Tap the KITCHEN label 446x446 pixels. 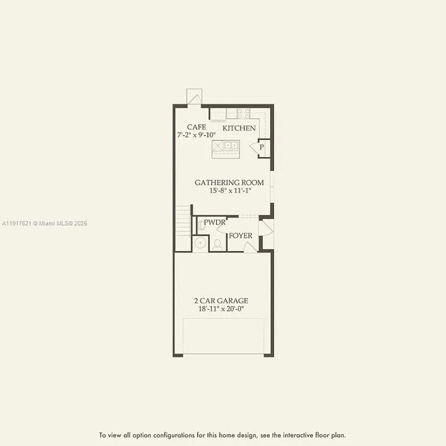pyautogui.click(x=239, y=128)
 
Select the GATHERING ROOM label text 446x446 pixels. pyautogui.click(x=229, y=183)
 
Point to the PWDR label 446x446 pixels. pyautogui.click(x=215, y=222)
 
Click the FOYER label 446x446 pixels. pyautogui.click(x=240, y=236)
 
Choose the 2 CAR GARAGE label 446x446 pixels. pyautogui.click(x=221, y=301)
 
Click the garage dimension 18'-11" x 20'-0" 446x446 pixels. pyautogui.click(x=221, y=309)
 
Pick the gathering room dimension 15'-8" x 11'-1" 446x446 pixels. pyautogui.click(x=231, y=191)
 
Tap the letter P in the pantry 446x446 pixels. pyautogui.click(x=261, y=148)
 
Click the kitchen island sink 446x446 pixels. pyautogui.click(x=226, y=146)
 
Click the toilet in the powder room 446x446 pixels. pyautogui.click(x=218, y=243)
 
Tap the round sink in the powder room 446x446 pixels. pyautogui.click(x=200, y=242)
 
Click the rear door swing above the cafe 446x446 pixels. pyautogui.click(x=194, y=97)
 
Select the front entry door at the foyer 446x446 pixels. pyautogui.click(x=266, y=228)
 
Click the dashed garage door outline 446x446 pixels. pyautogui.click(x=223, y=336)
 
